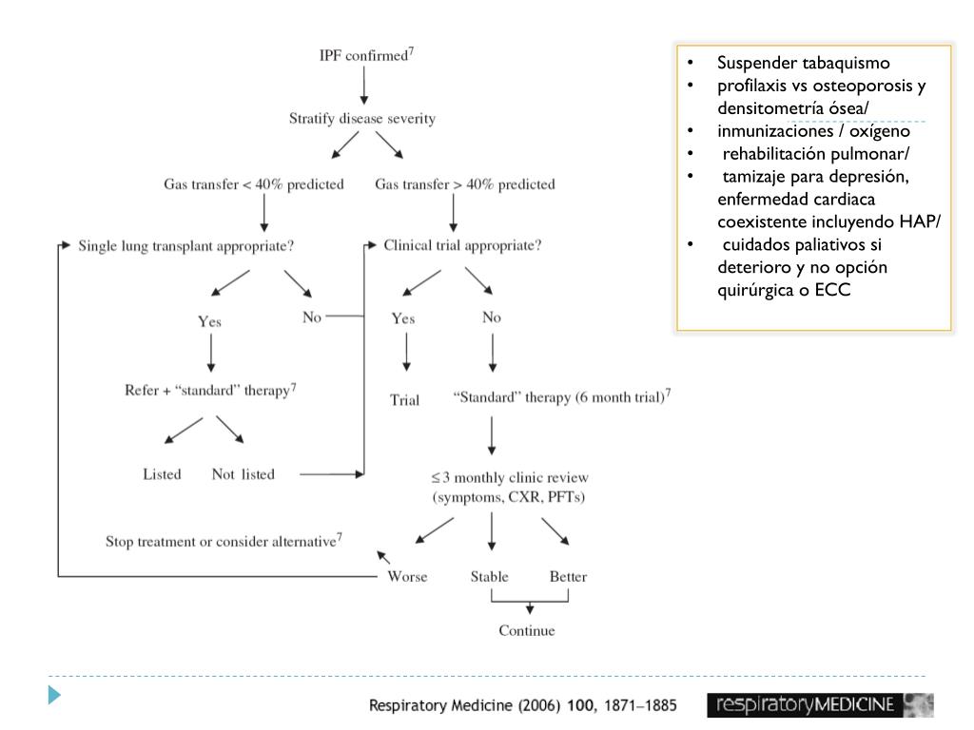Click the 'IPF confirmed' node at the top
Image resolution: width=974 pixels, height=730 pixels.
point(364,55)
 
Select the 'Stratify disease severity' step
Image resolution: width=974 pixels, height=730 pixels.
point(362,119)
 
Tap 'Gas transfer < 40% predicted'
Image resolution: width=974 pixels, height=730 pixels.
point(253,184)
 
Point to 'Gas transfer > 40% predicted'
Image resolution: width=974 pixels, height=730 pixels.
point(464,184)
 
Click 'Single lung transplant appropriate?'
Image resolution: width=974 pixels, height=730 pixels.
point(185,245)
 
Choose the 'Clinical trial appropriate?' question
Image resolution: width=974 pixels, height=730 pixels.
point(462,245)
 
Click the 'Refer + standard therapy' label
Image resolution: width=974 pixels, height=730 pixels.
point(211,391)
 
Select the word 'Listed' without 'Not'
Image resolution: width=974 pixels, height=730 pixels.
point(162,474)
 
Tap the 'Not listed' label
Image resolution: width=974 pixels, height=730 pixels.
point(243,474)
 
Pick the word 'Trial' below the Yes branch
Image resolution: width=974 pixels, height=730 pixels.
point(404,400)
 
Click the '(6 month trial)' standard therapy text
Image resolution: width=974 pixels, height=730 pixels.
point(561,398)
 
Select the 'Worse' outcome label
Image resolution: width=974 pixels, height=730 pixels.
point(407,577)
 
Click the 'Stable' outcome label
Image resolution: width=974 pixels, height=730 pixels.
point(489,577)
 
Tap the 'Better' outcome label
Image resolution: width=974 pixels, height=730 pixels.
point(568,577)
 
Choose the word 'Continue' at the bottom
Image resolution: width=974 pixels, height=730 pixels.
point(526,630)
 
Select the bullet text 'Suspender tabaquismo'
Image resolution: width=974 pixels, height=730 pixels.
point(804,64)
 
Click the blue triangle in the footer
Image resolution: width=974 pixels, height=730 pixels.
point(55,695)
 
